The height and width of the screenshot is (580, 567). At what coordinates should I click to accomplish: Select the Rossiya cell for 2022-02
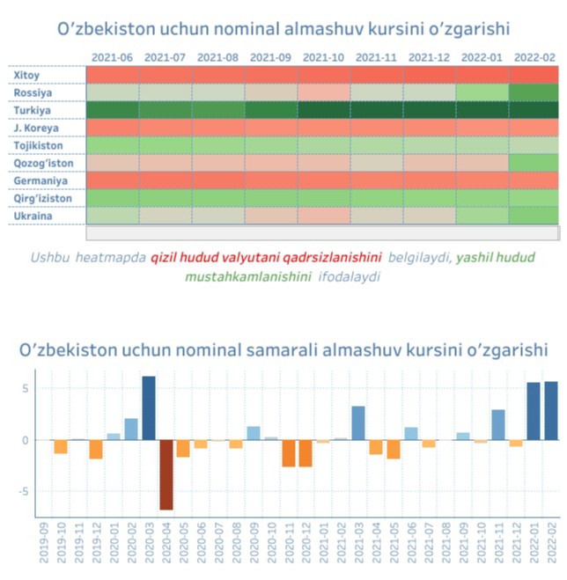[x=534, y=92]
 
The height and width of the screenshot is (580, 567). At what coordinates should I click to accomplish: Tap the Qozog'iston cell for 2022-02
[x=534, y=163]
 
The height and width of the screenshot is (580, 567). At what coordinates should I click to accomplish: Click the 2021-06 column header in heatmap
[x=113, y=57]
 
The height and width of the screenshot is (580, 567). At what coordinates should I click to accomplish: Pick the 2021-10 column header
[x=324, y=57]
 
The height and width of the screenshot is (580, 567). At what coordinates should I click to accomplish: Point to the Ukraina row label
[x=33, y=216]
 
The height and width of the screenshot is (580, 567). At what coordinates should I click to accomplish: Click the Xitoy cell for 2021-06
[x=113, y=75]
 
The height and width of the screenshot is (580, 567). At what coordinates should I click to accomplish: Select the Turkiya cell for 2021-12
[x=430, y=110]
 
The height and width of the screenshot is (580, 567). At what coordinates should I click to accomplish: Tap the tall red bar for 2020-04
[x=166, y=474]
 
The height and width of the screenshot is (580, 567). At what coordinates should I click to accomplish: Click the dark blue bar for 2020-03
[x=149, y=407]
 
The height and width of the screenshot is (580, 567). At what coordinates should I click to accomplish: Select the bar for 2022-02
[x=551, y=410]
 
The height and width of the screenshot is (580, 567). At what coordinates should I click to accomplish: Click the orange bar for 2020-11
[x=289, y=453]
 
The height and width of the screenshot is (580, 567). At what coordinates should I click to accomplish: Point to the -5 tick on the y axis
[x=27, y=492]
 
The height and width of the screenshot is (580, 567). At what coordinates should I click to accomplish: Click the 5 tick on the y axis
[x=29, y=388]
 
